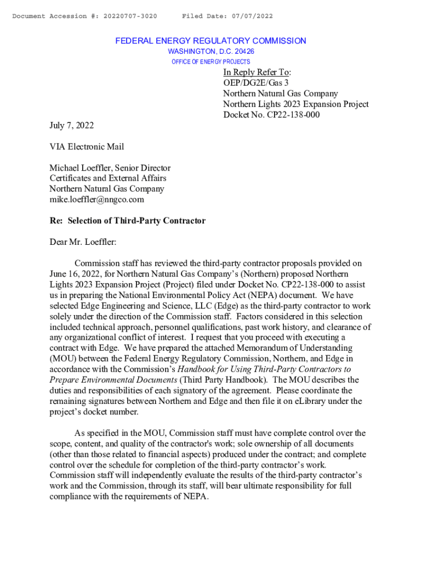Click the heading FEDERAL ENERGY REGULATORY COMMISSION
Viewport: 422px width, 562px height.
pos(210,41)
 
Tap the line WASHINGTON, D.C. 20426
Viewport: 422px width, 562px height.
pos(211,52)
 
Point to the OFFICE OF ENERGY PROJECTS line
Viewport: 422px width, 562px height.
pos(211,61)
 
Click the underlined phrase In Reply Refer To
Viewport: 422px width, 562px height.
pos(256,72)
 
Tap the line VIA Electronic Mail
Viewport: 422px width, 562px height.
pos(87,147)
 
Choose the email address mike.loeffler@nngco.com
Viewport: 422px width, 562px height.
pos(97,200)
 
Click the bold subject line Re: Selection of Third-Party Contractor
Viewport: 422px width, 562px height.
pos(128,221)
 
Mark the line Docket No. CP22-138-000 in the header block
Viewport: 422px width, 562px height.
pos(271,115)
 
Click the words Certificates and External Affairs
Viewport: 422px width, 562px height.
pos(108,178)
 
